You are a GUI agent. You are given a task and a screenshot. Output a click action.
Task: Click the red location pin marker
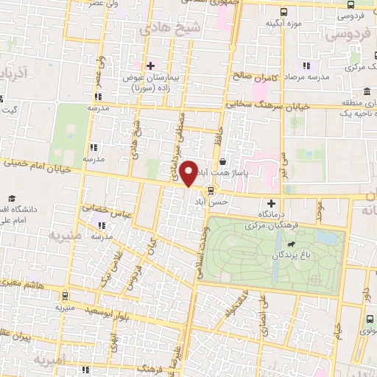[189, 173]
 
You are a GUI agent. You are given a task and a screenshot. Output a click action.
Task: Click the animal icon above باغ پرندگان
[292, 243]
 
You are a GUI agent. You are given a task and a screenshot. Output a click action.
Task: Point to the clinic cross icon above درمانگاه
[271, 202]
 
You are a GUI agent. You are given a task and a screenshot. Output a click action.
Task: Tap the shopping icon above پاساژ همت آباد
[223, 161]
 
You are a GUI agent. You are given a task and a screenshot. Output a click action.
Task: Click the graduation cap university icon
[13, 199]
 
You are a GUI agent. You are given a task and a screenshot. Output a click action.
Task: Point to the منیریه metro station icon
[66, 296]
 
